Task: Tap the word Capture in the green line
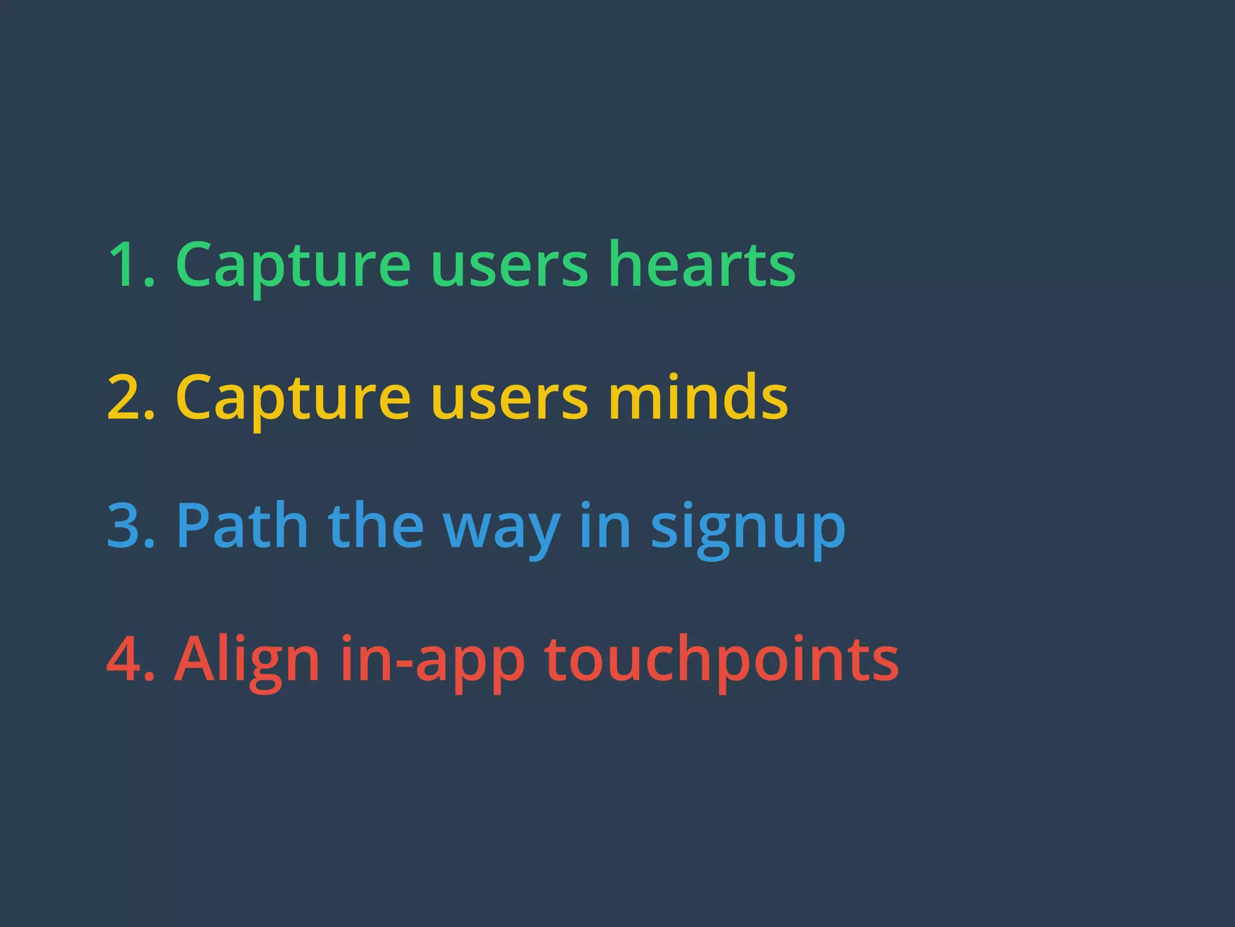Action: [293, 266]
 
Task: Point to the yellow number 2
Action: [125, 397]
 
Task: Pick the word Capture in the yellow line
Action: [293, 398]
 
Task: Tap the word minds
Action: [698, 397]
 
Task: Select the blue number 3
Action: [125, 526]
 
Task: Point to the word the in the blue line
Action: [376, 526]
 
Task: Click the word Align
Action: [247, 660]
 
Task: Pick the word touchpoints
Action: [721, 660]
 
